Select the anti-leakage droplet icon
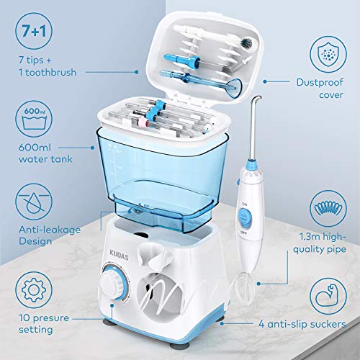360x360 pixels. (x=32, y=199)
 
